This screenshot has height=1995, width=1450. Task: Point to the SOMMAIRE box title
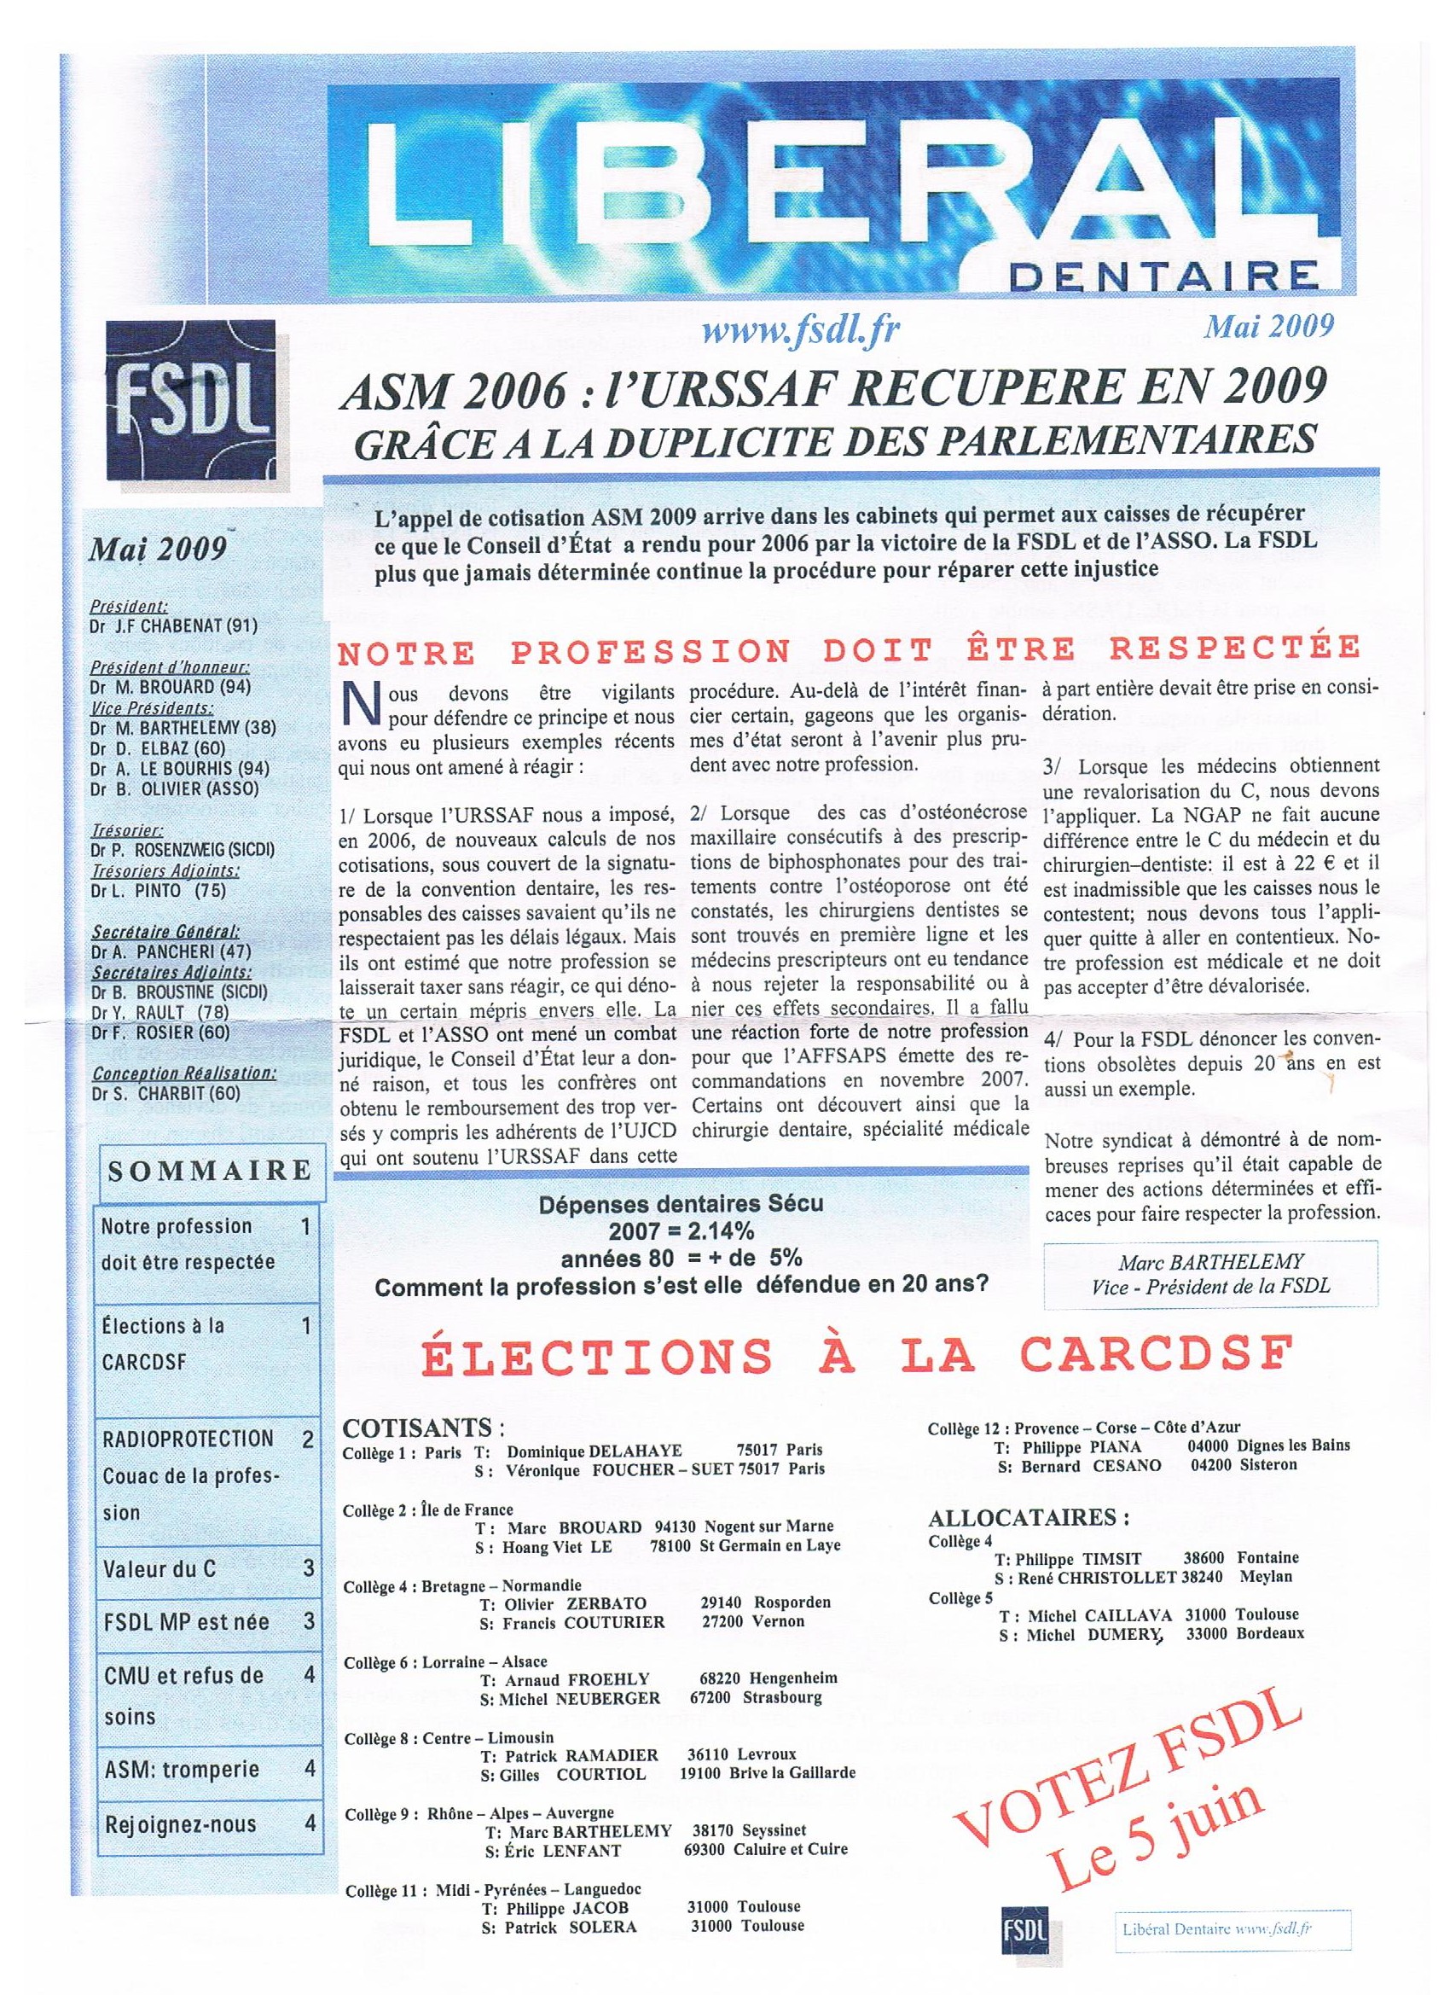tap(210, 1170)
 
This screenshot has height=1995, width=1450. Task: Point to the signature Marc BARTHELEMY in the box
tap(1211, 1262)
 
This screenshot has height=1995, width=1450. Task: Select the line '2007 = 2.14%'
tap(681, 1229)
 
